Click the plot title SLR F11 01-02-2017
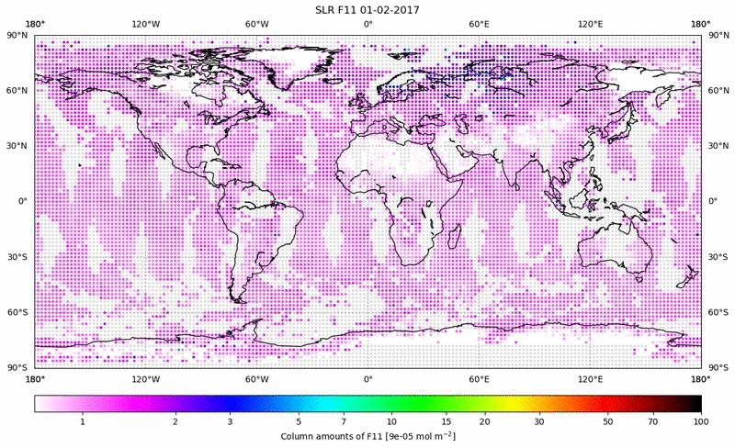367,9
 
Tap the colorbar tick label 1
83,420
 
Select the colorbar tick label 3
230,420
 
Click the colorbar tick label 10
391,420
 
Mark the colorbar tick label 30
540,420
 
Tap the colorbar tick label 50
608,420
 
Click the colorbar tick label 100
701,420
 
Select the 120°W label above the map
145,24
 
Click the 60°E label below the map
479,379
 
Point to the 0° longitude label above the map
367,24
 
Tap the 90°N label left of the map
17,35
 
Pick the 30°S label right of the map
718,257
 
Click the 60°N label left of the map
17,90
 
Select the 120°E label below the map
590,379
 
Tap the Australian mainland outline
614,250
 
